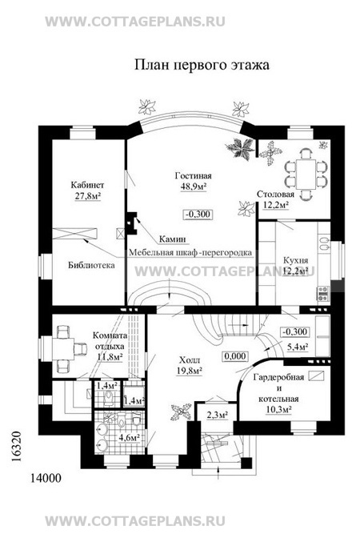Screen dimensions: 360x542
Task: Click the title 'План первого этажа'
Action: [202, 65]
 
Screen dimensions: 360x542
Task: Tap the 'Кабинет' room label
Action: [87, 185]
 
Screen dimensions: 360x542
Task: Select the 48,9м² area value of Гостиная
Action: [194, 187]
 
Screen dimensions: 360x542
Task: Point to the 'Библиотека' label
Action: [91, 266]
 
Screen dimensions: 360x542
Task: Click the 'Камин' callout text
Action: [172, 239]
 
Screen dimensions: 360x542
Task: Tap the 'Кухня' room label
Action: [295, 260]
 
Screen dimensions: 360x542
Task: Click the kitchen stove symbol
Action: [323, 294]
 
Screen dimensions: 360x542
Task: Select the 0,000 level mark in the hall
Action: [235, 356]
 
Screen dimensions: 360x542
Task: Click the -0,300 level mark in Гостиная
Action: [198, 215]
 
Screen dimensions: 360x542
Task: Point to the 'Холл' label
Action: [190, 360]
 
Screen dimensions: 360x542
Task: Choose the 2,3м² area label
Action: [217, 415]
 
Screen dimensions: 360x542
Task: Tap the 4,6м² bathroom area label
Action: [130, 438]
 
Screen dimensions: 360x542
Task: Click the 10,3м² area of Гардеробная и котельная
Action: [278, 410]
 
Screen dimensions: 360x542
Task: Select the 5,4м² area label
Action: [298, 347]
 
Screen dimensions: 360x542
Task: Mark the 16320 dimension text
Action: [16, 446]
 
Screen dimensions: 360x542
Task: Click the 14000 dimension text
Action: [46, 478]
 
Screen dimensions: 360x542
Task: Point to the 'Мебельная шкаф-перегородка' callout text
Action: [190, 253]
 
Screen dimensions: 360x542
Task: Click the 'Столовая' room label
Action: [275, 195]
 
